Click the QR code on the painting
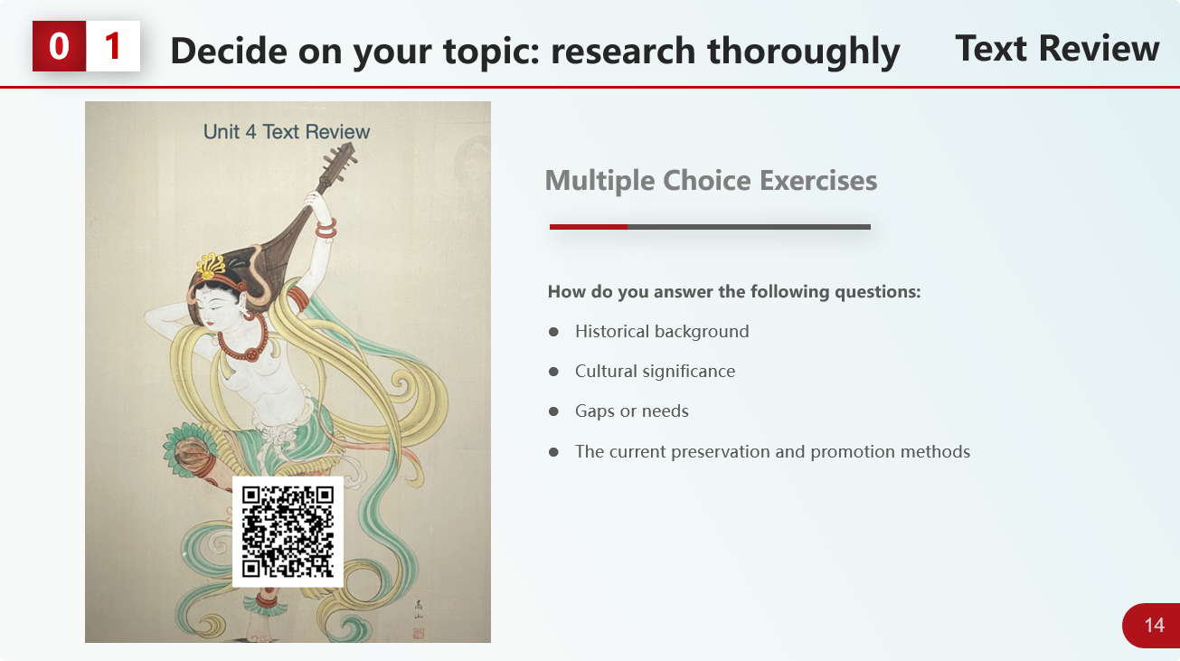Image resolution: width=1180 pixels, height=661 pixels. point(288,532)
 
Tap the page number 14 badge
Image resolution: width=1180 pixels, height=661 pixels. point(1153,625)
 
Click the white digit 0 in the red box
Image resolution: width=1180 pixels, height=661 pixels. point(59,46)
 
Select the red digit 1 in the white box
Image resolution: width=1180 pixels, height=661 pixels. point(113,46)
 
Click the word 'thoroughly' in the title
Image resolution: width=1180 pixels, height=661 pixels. point(803,52)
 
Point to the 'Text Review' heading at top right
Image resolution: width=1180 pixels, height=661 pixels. point(1057,49)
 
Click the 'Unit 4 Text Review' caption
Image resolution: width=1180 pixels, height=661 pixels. point(287,132)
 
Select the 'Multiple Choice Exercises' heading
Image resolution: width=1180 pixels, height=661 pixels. point(711,181)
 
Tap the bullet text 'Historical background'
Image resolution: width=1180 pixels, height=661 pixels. point(662,331)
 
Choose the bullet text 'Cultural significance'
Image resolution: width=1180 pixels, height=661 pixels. point(655,372)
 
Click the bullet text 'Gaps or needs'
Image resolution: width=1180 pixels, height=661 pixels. point(632,411)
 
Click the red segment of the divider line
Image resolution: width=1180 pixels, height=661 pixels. point(589,227)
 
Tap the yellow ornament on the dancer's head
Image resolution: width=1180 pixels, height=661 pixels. point(211,266)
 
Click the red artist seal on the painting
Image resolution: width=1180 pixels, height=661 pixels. point(419,633)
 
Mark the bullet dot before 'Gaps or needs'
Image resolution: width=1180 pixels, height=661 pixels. point(553,411)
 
